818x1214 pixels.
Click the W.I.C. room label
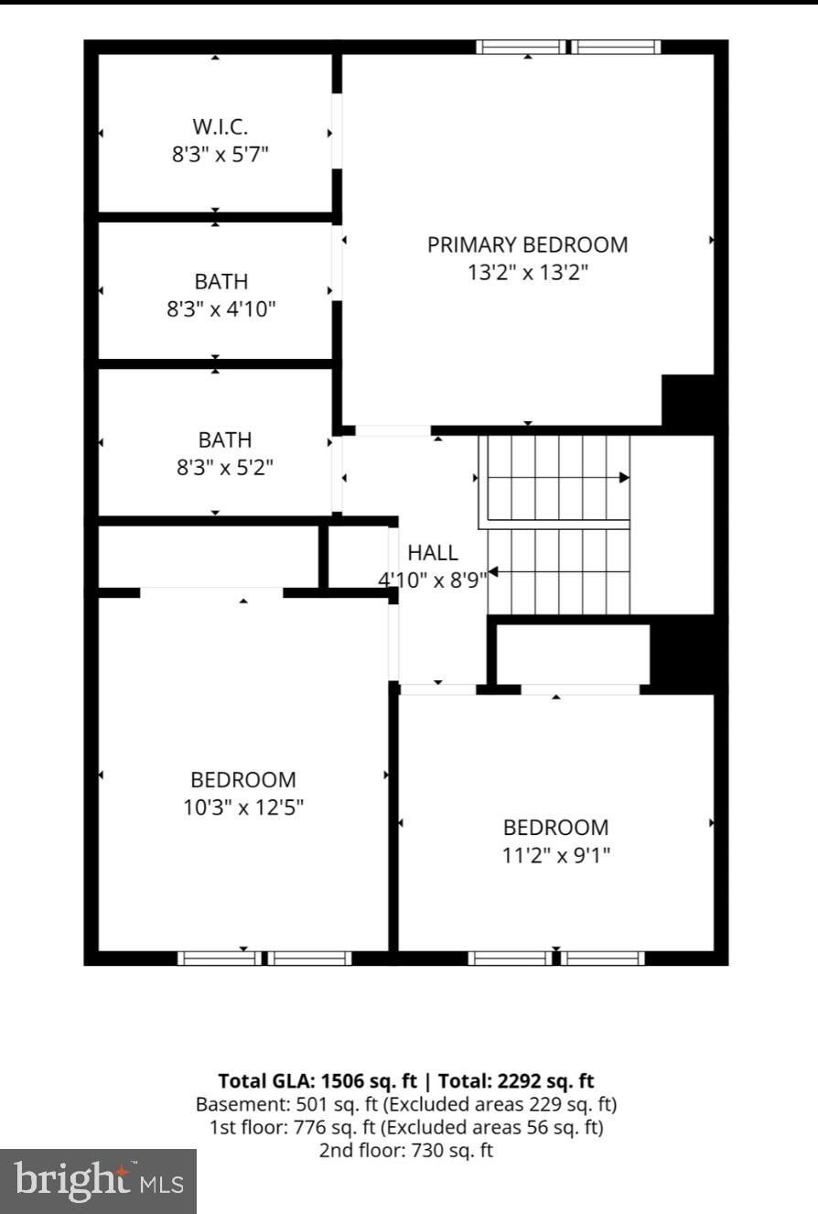pyautogui.click(x=220, y=127)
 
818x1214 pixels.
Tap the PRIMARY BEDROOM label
pyautogui.click(x=528, y=245)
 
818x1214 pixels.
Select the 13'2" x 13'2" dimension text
pyautogui.click(x=528, y=272)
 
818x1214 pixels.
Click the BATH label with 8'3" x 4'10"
pyautogui.click(x=221, y=282)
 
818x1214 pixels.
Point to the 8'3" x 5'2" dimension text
pyautogui.click(x=225, y=467)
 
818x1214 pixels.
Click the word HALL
pyautogui.click(x=433, y=553)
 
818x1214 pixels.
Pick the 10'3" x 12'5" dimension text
pyautogui.click(x=243, y=808)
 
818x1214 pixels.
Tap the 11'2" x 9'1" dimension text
pyautogui.click(x=556, y=855)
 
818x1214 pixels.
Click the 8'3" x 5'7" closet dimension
pyautogui.click(x=220, y=155)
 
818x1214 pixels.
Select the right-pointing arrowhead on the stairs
pyautogui.click(x=625, y=478)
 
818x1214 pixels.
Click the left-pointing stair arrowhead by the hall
pyautogui.click(x=493, y=572)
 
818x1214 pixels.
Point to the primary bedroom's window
pyautogui.click(x=569, y=48)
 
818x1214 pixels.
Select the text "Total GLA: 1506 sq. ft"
pyautogui.click(x=318, y=1081)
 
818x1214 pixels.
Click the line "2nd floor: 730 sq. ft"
pyautogui.click(x=405, y=1150)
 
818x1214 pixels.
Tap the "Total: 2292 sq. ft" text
pyautogui.click(x=516, y=1081)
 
